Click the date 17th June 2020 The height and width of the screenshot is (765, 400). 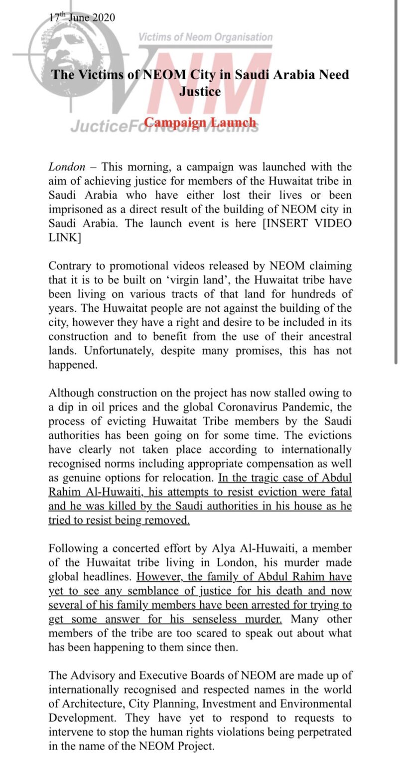point(82,17)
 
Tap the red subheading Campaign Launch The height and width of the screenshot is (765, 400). point(200,122)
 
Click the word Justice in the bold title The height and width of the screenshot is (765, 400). point(200,92)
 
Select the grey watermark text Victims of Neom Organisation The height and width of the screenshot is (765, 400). point(205,37)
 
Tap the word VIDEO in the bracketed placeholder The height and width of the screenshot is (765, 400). point(326,223)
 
